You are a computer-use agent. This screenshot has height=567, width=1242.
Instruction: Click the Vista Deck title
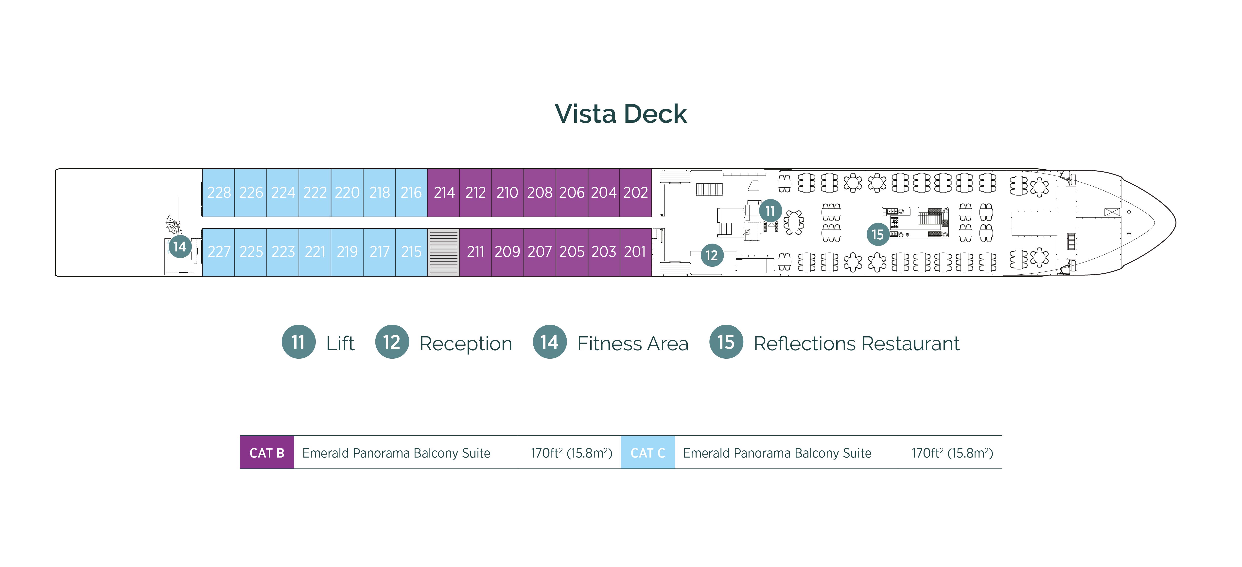(621, 114)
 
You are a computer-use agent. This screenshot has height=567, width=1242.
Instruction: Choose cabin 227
(219, 252)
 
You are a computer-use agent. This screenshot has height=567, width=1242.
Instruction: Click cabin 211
(475, 252)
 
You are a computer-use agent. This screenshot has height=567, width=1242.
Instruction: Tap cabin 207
(540, 252)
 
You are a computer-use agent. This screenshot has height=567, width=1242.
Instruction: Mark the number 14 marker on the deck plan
(180, 247)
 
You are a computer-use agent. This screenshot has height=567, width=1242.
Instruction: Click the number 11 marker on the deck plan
(770, 211)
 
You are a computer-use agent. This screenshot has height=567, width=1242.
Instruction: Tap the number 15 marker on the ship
(877, 235)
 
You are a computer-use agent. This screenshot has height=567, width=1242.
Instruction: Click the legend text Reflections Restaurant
(856, 344)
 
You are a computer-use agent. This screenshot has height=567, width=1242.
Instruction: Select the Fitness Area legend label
(632, 344)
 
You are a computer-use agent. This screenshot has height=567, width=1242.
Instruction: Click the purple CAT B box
(267, 453)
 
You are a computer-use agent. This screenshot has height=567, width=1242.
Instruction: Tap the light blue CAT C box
(647, 453)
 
